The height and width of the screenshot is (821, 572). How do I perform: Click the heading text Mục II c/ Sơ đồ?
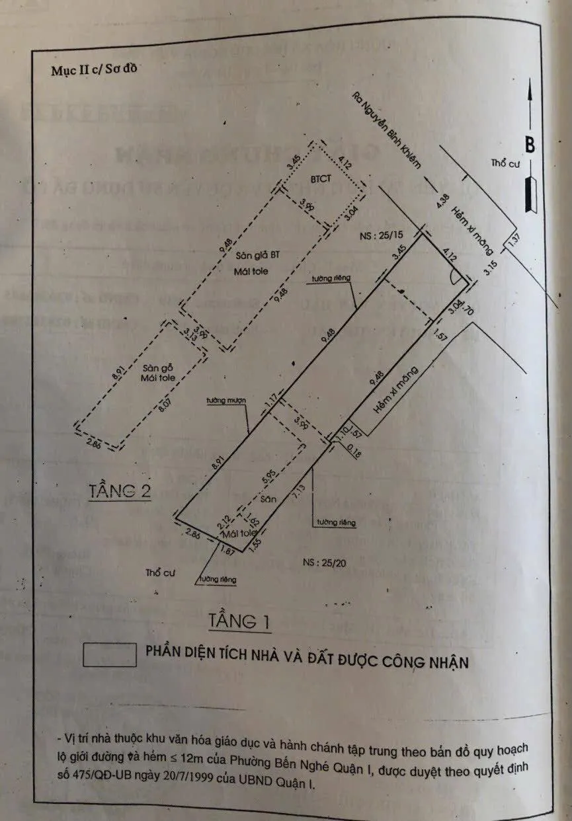94,71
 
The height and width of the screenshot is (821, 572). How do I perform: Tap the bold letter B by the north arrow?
530,144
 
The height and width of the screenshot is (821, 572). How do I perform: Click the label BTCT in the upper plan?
321,179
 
